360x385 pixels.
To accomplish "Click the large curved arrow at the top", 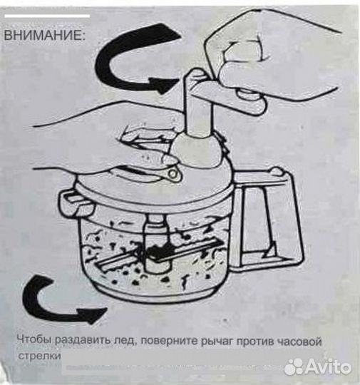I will click(135, 61).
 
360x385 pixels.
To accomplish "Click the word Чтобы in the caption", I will click(34, 342).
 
